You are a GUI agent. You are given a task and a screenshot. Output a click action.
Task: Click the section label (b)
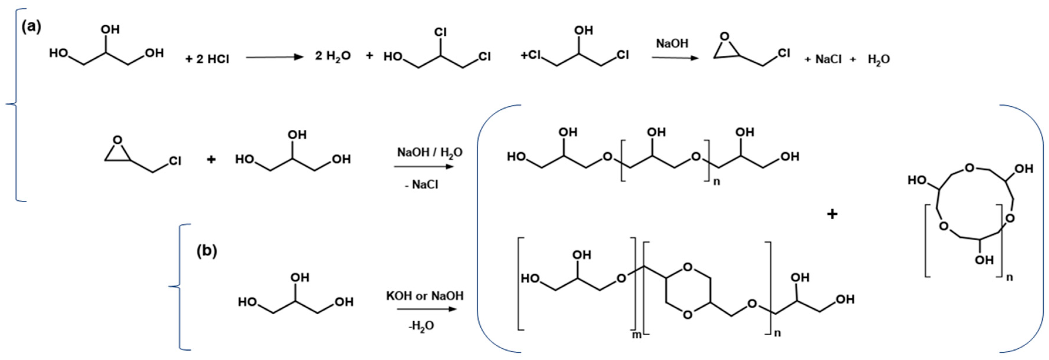(x=207, y=251)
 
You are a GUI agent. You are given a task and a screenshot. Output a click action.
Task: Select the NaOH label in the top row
(x=672, y=44)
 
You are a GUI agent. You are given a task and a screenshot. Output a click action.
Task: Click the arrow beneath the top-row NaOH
(x=675, y=58)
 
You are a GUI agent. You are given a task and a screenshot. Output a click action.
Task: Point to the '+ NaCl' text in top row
(x=823, y=60)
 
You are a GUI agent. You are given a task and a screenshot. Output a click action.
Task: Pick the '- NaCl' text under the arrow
(x=421, y=185)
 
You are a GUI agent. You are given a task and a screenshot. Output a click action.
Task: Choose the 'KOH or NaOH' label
(x=425, y=296)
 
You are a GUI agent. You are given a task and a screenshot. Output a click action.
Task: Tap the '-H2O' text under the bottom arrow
(x=421, y=326)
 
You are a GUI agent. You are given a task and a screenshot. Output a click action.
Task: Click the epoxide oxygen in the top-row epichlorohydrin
(x=724, y=38)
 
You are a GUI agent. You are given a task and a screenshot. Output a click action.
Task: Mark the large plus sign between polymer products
(x=832, y=214)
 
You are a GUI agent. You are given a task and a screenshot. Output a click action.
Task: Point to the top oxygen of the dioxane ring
(x=687, y=268)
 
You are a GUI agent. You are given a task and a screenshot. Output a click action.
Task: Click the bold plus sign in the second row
(x=211, y=159)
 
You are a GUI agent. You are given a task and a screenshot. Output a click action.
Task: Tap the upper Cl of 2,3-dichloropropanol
(x=441, y=32)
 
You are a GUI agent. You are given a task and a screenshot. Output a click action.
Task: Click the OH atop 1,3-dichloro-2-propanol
(x=583, y=31)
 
